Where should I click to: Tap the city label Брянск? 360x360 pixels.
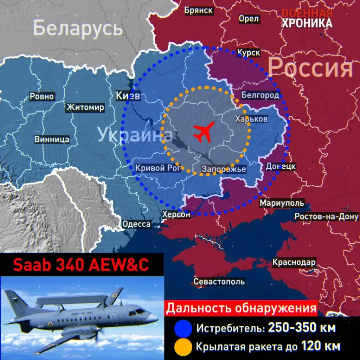point(199,10)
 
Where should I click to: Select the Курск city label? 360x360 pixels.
point(249,53)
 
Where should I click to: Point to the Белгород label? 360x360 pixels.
point(260,95)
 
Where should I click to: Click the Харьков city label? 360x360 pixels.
point(251,119)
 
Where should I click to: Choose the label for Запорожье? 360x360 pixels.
point(224,169)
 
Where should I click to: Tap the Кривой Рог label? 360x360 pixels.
point(158,168)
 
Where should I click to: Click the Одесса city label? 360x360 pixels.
point(136,224)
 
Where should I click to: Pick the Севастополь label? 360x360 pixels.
point(219,282)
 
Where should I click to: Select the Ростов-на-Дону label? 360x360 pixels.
point(327,217)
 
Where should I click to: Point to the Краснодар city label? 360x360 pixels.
point(294,262)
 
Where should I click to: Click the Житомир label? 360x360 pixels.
point(85,107)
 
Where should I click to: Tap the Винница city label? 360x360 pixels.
point(52,139)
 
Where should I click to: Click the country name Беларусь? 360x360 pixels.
point(78,28)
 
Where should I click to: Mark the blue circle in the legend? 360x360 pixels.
point(183,329)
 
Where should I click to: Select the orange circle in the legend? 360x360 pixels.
point(183,347)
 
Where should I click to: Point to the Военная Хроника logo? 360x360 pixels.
point(307,18)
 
